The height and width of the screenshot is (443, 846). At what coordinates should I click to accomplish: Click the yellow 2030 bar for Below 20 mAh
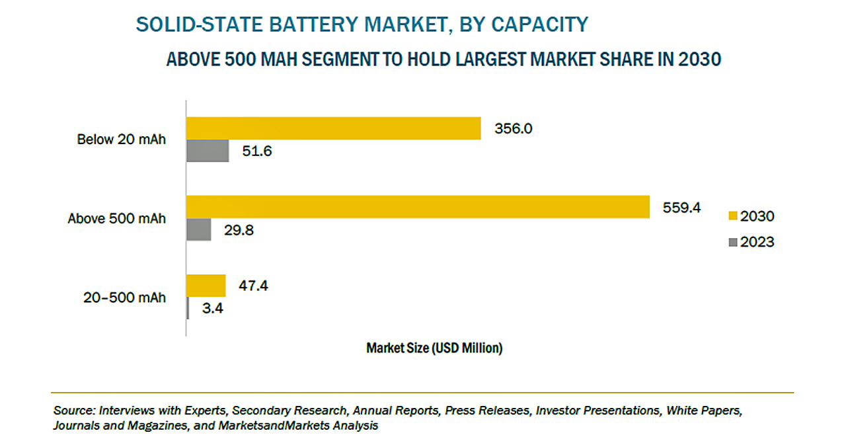click(x=334, y=128)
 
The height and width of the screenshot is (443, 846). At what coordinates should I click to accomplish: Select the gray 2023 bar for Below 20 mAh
click(x=208, y=151)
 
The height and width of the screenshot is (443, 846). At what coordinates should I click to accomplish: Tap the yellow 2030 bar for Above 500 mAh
click(x=418, y=207)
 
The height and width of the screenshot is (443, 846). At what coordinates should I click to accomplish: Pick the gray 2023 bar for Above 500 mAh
click(x=199, y=229)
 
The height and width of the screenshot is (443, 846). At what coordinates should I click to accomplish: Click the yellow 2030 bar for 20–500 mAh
click(x=206, y=286)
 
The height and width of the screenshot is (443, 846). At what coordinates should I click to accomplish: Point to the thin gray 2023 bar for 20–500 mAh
click(x=188, y=308)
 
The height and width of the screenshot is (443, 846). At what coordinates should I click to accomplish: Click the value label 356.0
click(x=514, y=128)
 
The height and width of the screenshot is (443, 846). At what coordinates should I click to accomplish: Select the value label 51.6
click(x=257, y=151)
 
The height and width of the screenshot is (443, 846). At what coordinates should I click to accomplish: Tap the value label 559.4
click(x=681, y=208)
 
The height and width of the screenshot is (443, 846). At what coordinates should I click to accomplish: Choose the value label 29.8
click(x=239, y=230)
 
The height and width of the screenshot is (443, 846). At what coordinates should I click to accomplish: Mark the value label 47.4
click(x=253, y=286)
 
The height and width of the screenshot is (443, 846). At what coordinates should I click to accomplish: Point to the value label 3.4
click(x=213, y=308)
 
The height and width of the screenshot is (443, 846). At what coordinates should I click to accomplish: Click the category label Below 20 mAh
click(x=121, y=140)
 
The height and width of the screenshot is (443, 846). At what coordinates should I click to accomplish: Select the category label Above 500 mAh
click(x=116, y=218)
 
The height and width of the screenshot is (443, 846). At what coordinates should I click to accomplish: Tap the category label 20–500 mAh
click(x=124, y=298)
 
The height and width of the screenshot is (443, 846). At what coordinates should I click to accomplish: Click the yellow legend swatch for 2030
click(x=733, y=216)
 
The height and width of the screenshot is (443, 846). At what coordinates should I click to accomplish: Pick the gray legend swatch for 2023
click(x=733, y=242)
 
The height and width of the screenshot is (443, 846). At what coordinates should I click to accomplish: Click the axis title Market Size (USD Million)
click(x=434, y=348)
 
